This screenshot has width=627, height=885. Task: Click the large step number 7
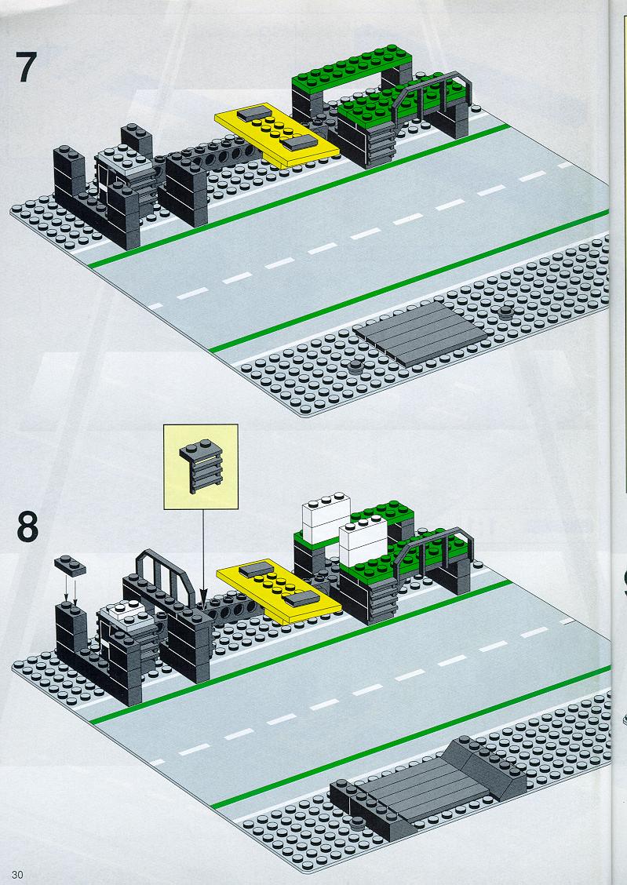pos(27,67)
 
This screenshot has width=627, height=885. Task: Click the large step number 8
pos(27,526)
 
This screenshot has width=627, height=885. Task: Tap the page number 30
pos(17,875)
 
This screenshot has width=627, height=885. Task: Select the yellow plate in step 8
pos(279,591)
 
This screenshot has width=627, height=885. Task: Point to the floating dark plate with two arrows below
pos(70,566)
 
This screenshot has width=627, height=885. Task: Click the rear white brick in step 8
pos(326,518)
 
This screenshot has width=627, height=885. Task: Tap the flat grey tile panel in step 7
pos(420,333)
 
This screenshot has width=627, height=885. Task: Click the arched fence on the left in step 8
pos(165,574)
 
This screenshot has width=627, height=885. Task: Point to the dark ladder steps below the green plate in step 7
pos(381,146)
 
